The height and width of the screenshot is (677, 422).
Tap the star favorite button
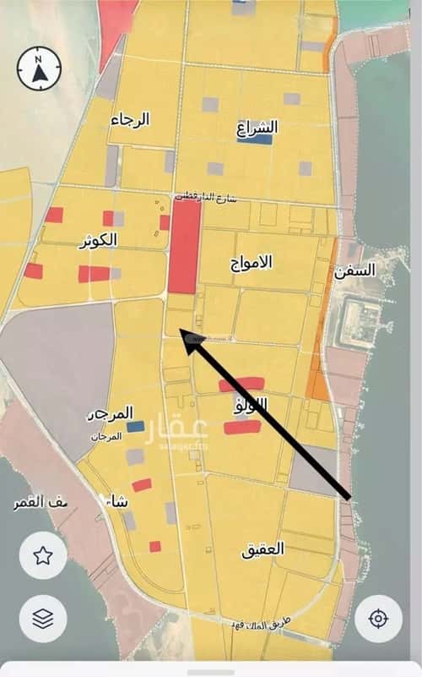point(43,555)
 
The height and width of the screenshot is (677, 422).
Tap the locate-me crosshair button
point(377,619)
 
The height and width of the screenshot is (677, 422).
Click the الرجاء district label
point(131,119)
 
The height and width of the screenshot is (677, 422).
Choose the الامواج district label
point(252,261)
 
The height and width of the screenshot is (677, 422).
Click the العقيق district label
point(263,549)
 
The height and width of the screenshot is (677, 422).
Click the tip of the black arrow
point(184,338)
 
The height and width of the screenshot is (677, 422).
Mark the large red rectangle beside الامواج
point(184,246)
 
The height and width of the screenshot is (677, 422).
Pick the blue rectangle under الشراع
point(254,140)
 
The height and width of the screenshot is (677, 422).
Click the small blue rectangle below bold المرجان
point(136,427)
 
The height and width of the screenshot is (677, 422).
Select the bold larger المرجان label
point(111,414)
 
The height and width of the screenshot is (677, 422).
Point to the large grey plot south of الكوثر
point(59,363)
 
